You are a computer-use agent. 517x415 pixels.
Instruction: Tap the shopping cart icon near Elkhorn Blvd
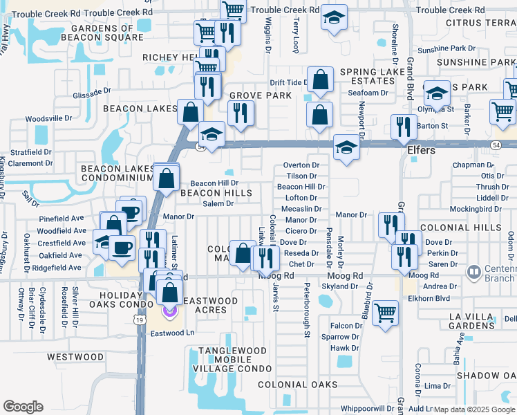pos(385,312)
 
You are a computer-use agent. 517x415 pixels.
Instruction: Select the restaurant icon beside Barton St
pos(403,126)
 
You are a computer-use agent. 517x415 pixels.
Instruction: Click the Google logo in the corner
pos(23,407)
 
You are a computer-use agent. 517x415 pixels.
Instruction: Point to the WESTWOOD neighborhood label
pos(75,357)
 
